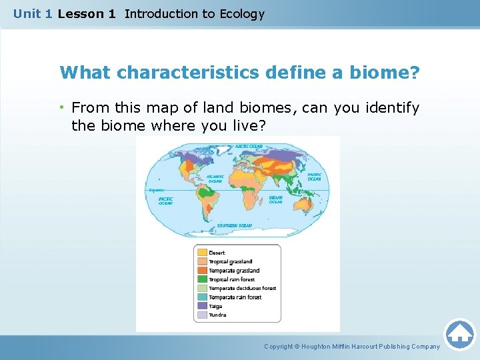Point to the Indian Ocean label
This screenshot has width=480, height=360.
[276, 199]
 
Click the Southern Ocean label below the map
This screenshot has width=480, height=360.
[234, 226]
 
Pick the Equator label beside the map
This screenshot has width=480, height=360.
[157, 190]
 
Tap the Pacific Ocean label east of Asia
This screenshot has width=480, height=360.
[314, 177]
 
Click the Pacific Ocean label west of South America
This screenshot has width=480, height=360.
[166, 201]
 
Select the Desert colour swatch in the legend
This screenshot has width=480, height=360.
[201, 253]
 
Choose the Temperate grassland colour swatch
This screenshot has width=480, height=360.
[201, 271]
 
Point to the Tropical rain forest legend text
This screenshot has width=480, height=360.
[231, 279]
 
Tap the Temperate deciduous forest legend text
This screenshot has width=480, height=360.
[242, 288]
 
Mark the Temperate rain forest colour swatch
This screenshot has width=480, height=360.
[201, 297]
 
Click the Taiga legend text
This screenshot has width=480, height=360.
[216, 306]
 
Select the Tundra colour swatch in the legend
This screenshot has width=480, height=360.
[201, 315]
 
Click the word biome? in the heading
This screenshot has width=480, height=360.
[389, 72]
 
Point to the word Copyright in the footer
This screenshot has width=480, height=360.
[279, 346]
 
